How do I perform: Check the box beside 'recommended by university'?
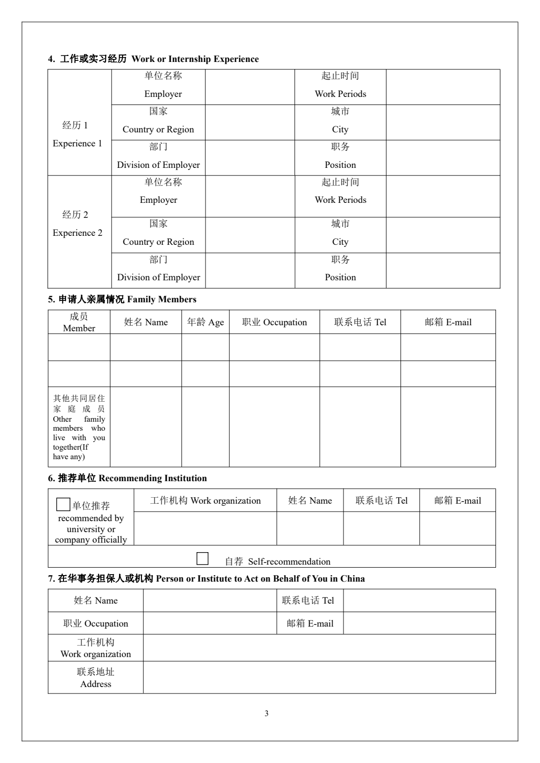tap(63, 504)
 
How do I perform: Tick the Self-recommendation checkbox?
tap(202, 559)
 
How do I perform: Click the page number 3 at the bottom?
tap(266, 713)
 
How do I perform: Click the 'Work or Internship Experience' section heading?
tap(153, 59)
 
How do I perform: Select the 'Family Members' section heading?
tap(122, 299)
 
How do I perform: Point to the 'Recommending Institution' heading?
tap(127, 478)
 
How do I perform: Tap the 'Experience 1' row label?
tap(77, 134)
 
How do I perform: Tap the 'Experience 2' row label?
tap(77, 224)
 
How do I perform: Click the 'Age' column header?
tap(205, 322)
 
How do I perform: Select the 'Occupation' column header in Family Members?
tap(274, 322)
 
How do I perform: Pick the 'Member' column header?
tap(79, 322)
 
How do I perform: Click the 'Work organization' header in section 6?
tap(205, 501)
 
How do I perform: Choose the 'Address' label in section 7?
tap(95, 678)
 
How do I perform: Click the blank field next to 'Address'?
tap(319, 678)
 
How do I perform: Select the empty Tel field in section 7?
tap(419, 601)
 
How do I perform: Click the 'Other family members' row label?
tap(79, 427)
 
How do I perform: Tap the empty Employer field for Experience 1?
tap(249, 87)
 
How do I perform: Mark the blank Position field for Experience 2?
tap(442, 270)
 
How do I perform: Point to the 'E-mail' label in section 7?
tap(310, 624)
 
